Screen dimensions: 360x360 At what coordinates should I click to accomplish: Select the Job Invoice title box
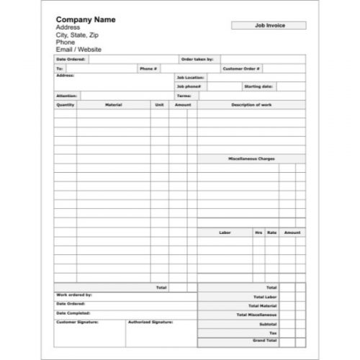click(x=269, y=25)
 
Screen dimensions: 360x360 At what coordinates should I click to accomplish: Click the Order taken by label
click(x=197, y=60)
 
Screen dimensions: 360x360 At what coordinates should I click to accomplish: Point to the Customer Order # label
click(x=241, y=68)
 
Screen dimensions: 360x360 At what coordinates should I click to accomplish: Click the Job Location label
click(x=190, y=77)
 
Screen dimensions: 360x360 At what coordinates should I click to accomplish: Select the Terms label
click(x=184, y=95)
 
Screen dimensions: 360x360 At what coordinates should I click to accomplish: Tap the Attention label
click(x=66, y=95)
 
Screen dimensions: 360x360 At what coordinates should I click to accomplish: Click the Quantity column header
click(x=65, y=104)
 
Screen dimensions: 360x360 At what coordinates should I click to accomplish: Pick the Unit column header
click(x=159, y=104)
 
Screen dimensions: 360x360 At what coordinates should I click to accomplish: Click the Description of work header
click(x=251, y=104)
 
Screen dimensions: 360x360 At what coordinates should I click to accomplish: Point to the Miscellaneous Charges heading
click(x=251, y=158)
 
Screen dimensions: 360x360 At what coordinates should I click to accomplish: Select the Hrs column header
click(x=258, y=233)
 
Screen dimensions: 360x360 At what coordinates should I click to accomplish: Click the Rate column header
click(x=271, y=233)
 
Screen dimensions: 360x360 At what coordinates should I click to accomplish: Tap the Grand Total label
click(x=265, y=338)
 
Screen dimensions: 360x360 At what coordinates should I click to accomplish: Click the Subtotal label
click(x=267, y=323)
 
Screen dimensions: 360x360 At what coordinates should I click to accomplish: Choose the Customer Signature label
click(x=77, y=322)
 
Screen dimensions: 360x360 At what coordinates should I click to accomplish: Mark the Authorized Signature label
click(x=150, y=322)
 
